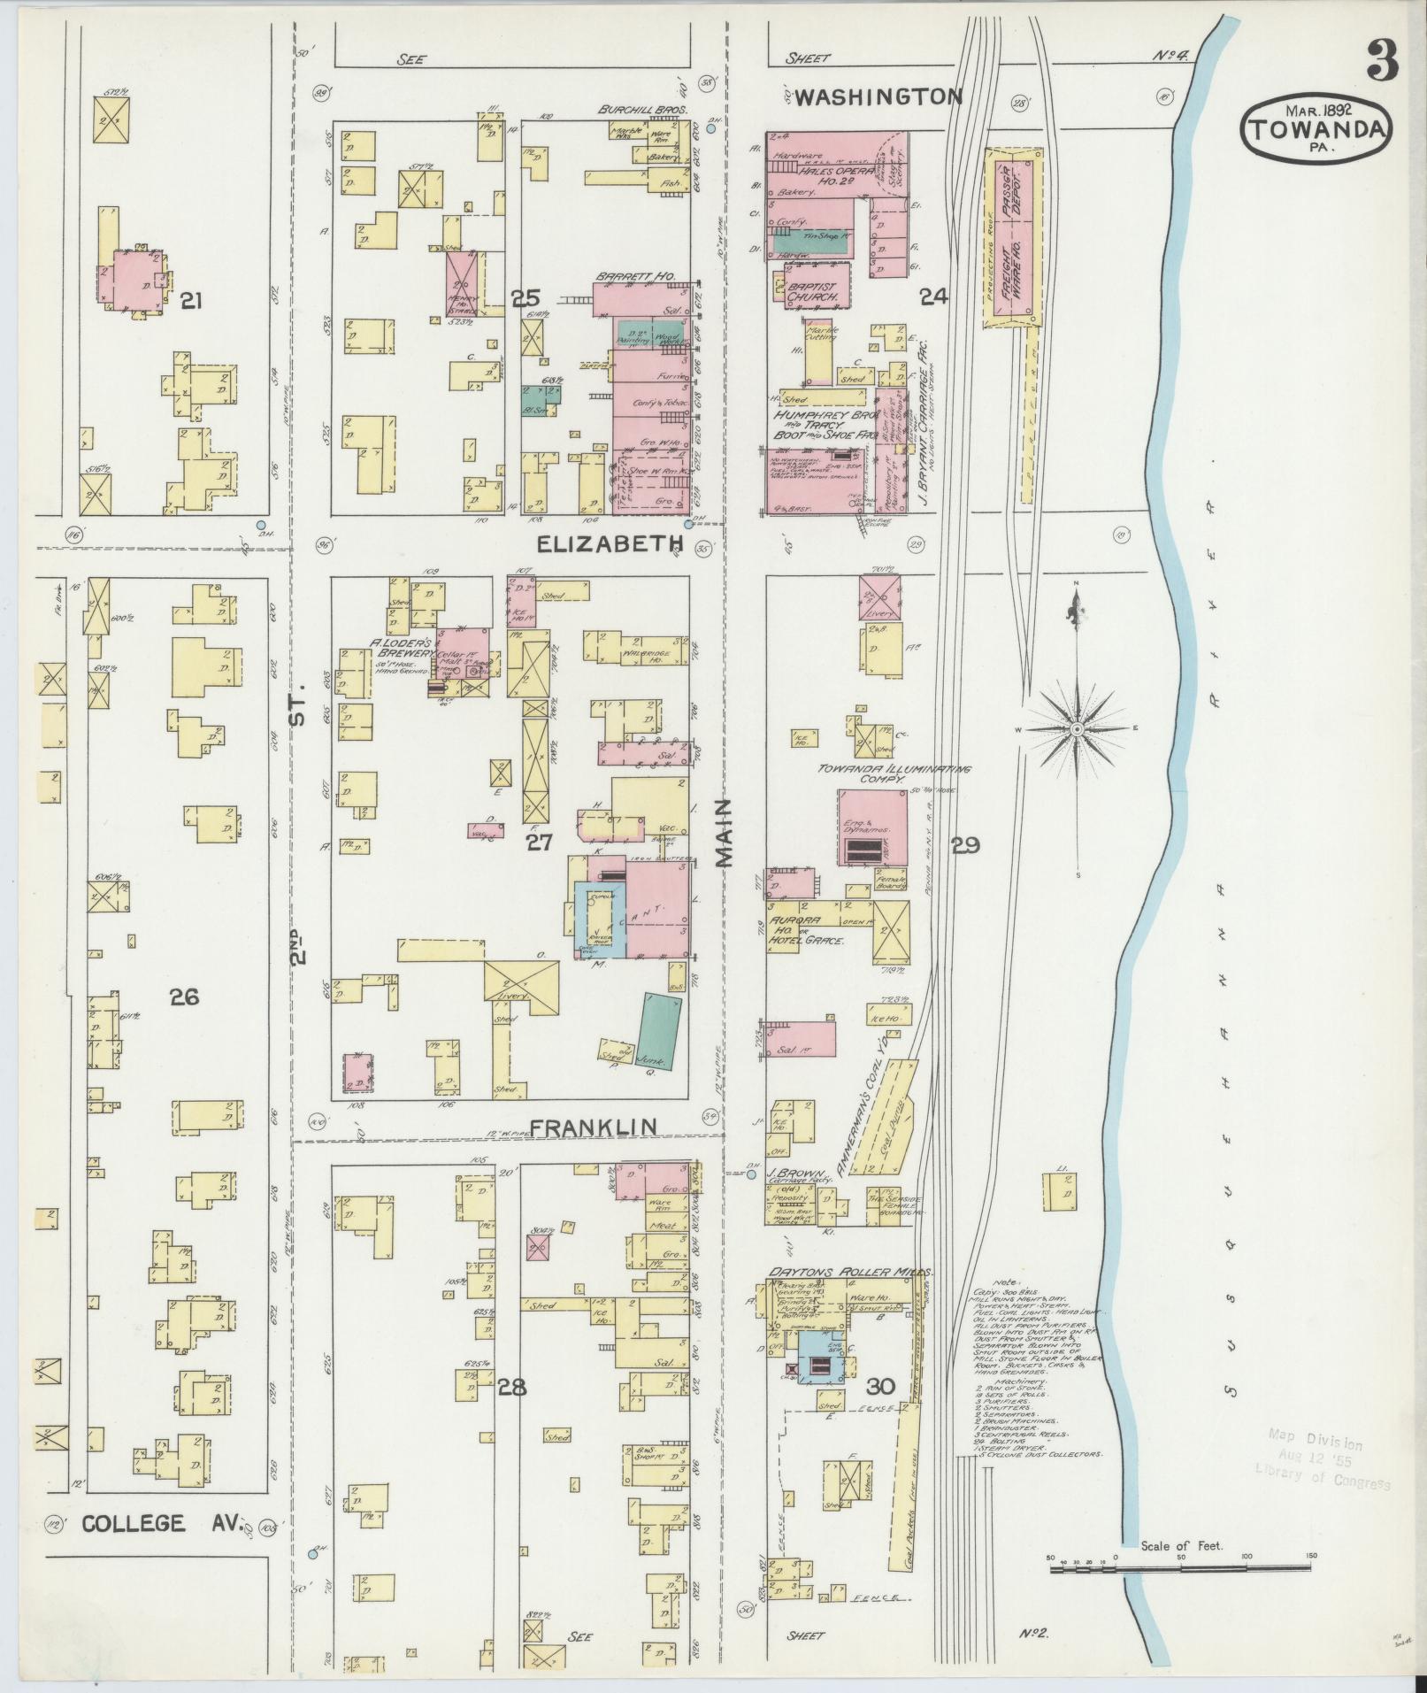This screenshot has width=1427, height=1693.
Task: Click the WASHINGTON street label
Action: coord(877,96)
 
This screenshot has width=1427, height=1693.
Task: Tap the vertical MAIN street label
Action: coord(727,833)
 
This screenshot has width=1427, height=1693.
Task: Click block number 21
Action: coord(190,302)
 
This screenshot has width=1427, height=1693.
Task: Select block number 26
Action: coord(184,997)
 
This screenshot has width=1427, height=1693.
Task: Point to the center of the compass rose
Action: coord(1077,728)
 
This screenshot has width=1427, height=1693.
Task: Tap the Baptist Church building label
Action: coord(812,292)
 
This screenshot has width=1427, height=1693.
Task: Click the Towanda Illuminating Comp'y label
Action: coord(893,774)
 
